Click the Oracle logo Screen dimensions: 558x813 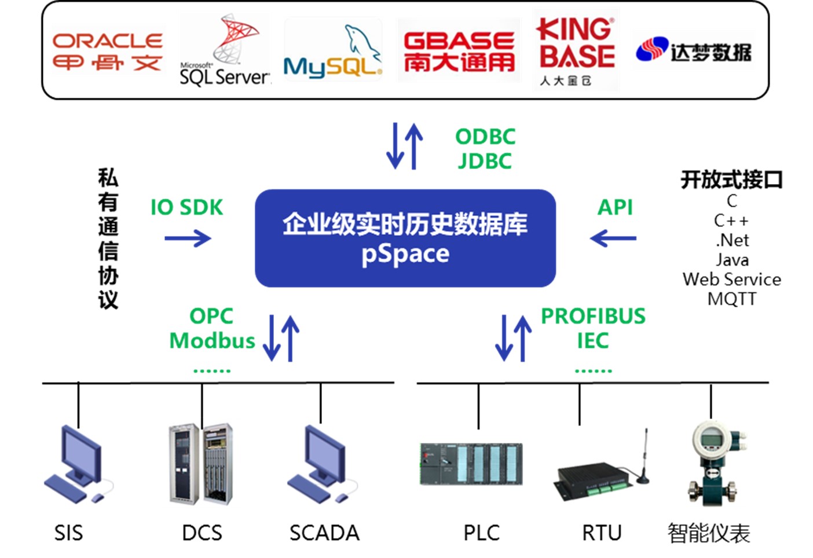(107, 51)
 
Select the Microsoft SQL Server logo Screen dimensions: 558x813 (225, 51)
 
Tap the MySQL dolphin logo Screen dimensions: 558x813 (333, 51)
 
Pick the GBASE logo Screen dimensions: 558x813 (459, 51)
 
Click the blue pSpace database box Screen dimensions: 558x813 (405, 238)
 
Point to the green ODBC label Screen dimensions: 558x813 (485, 137)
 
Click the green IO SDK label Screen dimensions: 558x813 (186, 207)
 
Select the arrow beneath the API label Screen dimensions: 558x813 (613, 238)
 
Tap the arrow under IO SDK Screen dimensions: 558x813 (188, 238)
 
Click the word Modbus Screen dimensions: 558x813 (212, 340)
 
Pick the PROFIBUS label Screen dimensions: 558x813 (593, 316)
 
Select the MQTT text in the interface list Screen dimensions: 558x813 (732, 299)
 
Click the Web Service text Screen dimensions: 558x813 (732, 280)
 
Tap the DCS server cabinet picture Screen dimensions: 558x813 (201, 463)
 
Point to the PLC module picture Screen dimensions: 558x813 (471, 464)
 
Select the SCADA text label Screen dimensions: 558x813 (324, 533)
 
